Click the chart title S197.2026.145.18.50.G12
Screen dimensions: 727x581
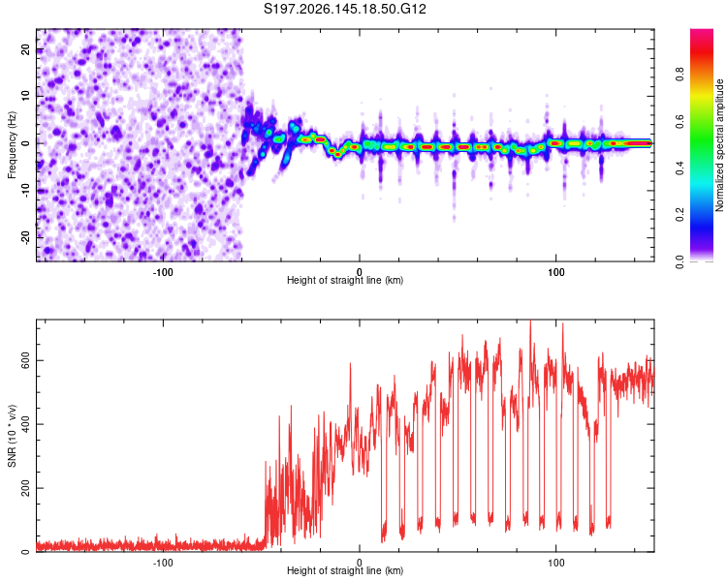click(344, 9)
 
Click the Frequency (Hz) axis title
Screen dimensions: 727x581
click(12, 145)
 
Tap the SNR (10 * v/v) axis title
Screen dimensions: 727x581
click(12, 436)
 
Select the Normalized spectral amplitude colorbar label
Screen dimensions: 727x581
click(719, 145)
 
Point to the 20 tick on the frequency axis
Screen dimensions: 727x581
click(25, 49)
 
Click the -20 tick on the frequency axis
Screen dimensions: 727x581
click(25, 237)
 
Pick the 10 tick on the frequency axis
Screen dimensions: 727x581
click(25, 96)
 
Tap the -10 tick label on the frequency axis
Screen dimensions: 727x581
click(25, 191)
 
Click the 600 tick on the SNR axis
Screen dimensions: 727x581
click(25, 360)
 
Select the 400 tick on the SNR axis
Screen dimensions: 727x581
click(25, 424)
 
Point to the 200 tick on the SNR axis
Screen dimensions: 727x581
click(25, 488)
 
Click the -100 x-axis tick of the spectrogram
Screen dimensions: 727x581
click(163, 272)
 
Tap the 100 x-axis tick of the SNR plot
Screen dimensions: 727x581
click(556, 563)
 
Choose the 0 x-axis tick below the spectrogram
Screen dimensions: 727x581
click(360, 272)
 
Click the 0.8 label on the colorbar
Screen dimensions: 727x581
click(680, 75)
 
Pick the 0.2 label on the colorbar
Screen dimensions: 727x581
click(680, 215)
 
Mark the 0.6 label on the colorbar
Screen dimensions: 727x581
click(680, 121)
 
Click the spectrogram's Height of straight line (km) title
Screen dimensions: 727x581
click(345, 280)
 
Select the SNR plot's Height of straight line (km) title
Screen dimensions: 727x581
click(345, 570)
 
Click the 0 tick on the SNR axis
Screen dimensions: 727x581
click(25, 552)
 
